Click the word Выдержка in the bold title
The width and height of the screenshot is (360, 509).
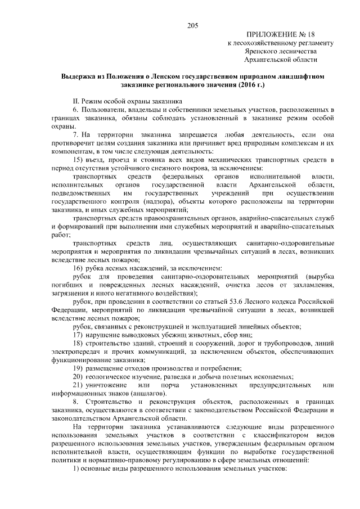[82, 75]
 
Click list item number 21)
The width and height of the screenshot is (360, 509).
[78, 386]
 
